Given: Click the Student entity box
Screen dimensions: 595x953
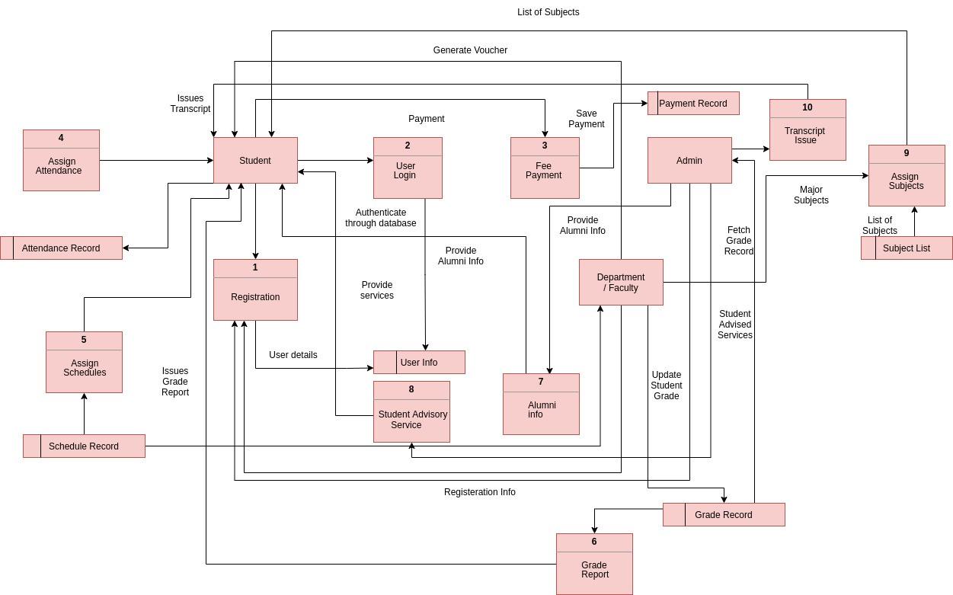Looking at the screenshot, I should click(255, 161).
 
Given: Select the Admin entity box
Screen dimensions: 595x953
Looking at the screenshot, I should click(689, 161).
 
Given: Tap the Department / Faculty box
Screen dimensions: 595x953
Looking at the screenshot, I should click(621, 283).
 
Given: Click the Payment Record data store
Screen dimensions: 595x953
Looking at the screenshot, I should click(693, 104).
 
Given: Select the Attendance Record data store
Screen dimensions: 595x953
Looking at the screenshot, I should click(61, 248).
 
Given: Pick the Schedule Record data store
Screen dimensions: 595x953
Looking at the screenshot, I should click(84, 446).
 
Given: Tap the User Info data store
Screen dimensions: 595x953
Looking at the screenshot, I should click(419, 363).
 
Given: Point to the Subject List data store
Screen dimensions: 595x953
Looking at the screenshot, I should click(907, 248).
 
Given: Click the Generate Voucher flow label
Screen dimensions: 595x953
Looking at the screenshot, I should click(470, 50).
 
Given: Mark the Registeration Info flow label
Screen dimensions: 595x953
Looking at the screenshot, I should click(480, 492).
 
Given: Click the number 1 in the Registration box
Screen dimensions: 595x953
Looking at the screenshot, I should click(255, 267).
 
